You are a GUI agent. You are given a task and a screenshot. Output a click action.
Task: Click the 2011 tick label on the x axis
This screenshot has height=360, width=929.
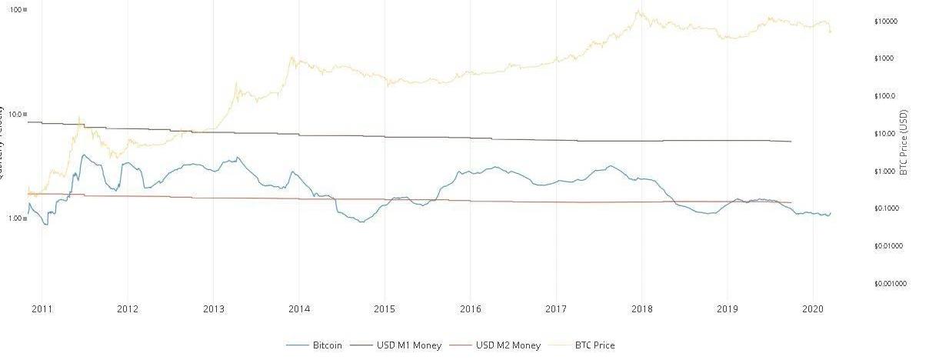42,309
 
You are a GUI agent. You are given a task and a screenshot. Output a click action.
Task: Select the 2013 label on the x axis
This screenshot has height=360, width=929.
213,309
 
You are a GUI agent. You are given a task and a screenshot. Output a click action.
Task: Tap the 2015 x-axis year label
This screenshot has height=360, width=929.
385,309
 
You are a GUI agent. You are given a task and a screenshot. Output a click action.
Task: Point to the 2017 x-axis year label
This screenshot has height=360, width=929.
556,309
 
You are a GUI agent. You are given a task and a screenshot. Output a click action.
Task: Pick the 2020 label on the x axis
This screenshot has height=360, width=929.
814,309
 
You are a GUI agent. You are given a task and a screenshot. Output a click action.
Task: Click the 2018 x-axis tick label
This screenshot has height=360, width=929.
642,309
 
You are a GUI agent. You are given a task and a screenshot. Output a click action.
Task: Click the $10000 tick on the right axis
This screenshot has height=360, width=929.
886,22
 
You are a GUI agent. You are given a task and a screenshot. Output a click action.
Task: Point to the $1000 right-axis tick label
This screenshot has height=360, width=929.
884,58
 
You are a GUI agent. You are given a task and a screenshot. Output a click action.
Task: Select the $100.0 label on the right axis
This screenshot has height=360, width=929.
884,96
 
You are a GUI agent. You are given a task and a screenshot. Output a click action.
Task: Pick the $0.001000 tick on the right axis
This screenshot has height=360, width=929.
889,284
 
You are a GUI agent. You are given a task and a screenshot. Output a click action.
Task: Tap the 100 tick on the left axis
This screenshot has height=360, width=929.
15,9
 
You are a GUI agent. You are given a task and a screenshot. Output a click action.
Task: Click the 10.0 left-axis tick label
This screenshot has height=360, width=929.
15,114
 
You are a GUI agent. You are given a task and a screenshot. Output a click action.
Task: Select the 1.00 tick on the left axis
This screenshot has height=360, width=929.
15,218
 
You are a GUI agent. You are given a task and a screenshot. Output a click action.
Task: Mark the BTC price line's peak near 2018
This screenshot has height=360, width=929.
638,11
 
